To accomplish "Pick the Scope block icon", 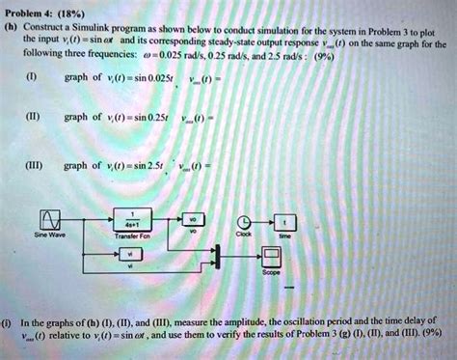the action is [272, 254].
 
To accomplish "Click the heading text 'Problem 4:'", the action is [28, 8].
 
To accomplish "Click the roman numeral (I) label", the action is [34, 93].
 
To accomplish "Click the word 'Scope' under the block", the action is [272, 272].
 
